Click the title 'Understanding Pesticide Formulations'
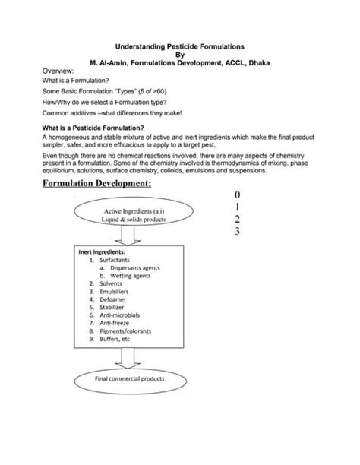pyautogui.click(x=179, y=47)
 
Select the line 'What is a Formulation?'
pyautogui.click(x=75, y=80)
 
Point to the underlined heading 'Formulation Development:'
pyautogui.click(x=96, y=185)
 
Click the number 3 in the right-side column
pyautogui.click(x=237, y=232)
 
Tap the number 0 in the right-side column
pyautogui.click(x=237, y=195)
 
